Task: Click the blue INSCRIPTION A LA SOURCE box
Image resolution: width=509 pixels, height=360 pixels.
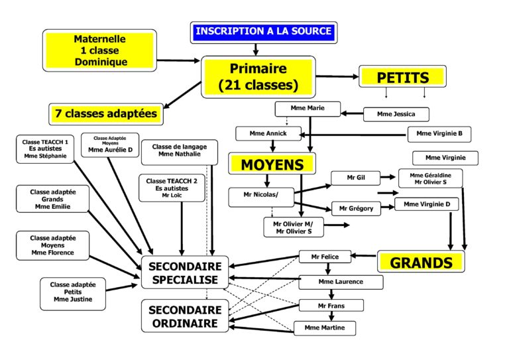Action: (x=263, y=31)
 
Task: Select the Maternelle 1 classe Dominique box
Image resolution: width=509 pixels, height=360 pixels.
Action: (x=100, y=51)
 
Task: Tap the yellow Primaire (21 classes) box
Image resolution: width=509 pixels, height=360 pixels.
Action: (x=258, y=76)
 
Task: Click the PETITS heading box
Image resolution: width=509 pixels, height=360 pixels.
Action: (x=402, y=78)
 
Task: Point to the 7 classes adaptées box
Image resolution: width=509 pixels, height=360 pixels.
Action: (x=106, y=113)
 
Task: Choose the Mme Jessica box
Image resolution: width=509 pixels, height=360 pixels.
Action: (x=396, y=114)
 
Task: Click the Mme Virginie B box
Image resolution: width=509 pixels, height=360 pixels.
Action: (x=439, y=135)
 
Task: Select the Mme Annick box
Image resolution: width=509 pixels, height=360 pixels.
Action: (x=263, y=133)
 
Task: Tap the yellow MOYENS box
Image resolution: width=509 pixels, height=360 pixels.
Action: (x=271, y=164)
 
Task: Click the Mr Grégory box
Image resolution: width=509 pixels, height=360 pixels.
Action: (x=356, y=208)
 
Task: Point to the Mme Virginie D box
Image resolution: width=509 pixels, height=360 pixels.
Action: (x=426, y=204)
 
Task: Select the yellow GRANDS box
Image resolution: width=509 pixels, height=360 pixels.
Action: (x=421, y=262)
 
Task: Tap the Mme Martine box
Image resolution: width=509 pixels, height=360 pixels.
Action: (x=325, y=328)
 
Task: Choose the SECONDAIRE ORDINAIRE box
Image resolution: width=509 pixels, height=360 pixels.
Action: (x=184, y=316)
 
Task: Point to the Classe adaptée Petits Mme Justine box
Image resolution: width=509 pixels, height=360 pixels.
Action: (x=73, y=294)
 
